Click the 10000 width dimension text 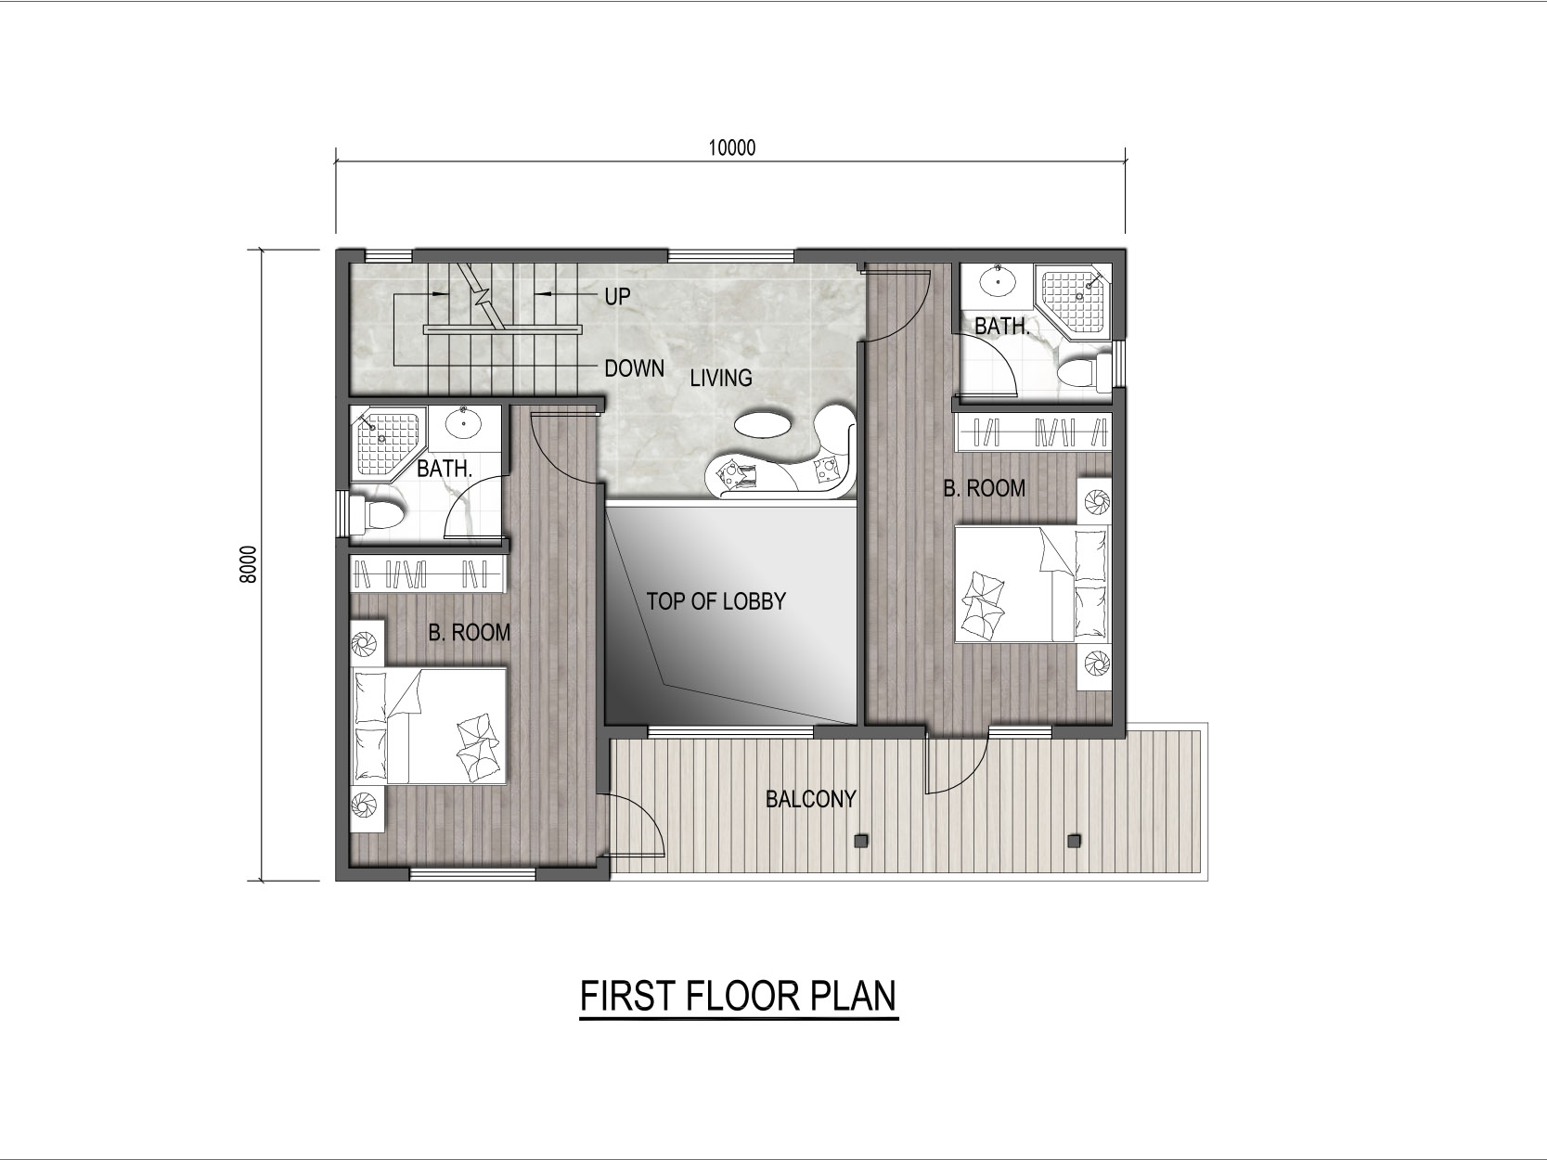(731, 148)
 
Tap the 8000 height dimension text (248, 564)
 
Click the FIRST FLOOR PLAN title (738, 996)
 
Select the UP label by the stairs (617, 297)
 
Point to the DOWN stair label (635, 367)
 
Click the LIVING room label (721, 379)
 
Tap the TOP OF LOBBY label (716, 601)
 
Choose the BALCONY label (810, 799)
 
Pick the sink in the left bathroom (464, 424)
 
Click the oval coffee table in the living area (763, 425)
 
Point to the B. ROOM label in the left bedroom (469, 633)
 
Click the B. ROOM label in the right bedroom (984, 488)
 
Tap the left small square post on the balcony (860, 841)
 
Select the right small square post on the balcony (1074, 841)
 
